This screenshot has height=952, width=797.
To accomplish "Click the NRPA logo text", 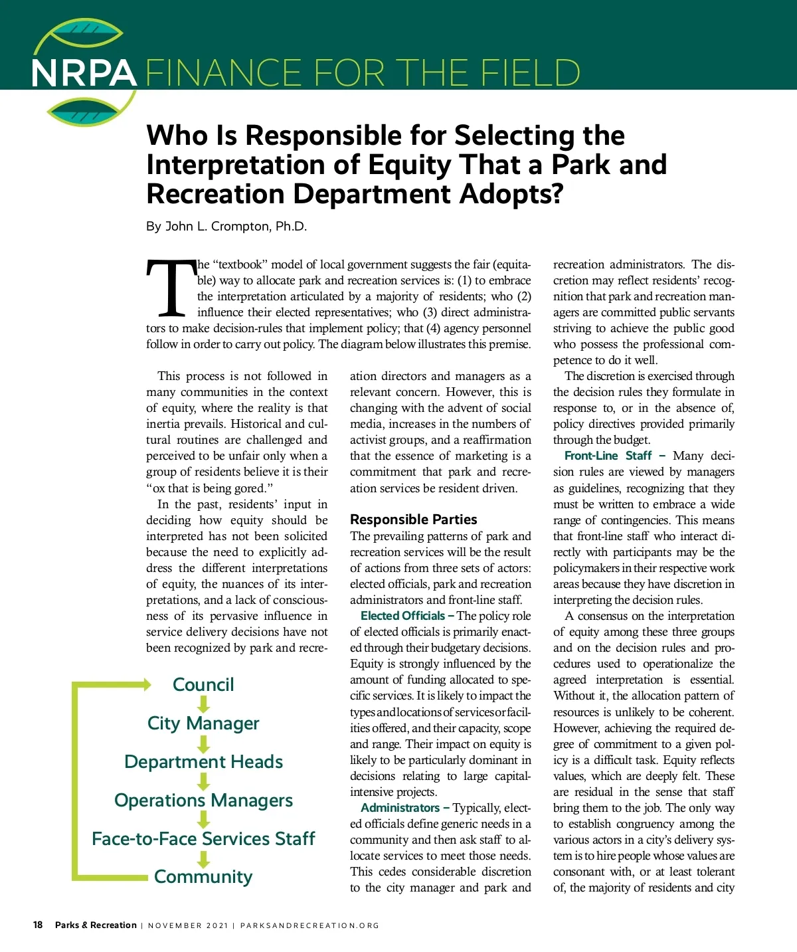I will point(84,73).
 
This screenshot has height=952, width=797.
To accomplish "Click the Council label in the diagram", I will point(203,685).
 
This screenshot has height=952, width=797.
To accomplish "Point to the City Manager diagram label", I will point(203,723).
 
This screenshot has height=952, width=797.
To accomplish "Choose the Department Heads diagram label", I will point(203,762).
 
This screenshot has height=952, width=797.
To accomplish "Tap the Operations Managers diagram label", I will point(203,801).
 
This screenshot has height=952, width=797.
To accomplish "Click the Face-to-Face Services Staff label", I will point(203,839).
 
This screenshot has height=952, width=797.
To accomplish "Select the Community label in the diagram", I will point(203,877).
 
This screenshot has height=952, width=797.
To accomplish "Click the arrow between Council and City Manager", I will point(203,704).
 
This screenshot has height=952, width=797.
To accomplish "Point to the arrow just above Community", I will point(203,858).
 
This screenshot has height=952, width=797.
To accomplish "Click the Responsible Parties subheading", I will point(413,520).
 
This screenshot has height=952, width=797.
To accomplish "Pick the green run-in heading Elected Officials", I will point(402,616).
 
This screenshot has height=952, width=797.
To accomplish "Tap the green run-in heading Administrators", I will point(400,808).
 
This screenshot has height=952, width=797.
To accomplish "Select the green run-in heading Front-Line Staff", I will point(608,456).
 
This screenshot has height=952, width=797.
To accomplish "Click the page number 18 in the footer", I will point(38,925).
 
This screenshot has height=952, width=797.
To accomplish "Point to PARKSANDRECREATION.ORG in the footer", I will point(310,925).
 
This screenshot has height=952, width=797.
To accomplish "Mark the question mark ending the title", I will point(556,194).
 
